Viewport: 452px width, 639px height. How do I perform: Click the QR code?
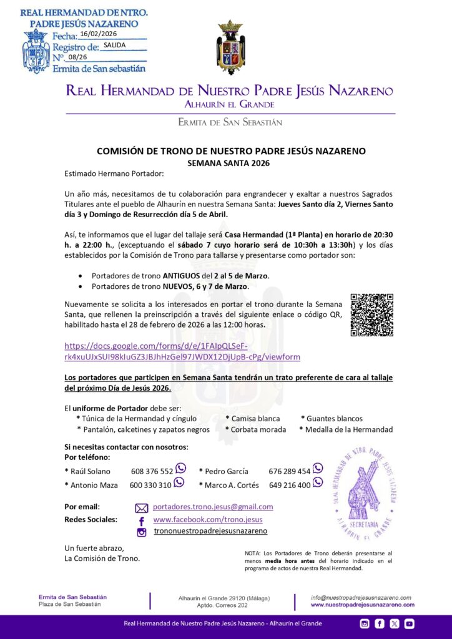coord(371,315)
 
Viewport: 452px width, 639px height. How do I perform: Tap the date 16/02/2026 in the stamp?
coord(99,34)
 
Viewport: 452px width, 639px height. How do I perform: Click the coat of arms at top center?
coord(230,47)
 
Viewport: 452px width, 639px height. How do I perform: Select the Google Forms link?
coord(182,351)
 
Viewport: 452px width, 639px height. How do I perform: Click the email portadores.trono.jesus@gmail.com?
coord(213,507)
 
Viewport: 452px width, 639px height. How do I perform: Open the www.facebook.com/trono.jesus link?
coord(208,519)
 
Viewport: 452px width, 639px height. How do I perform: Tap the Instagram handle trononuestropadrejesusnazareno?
coord(210,531)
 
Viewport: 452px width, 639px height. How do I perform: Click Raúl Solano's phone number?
coord(152,471)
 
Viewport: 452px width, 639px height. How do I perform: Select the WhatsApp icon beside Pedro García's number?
coord(318,468)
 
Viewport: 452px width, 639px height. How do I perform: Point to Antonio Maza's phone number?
coord(150,485)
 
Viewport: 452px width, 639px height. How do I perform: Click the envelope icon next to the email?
coord(142,508)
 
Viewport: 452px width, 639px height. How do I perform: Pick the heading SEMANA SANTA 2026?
coord(231,162)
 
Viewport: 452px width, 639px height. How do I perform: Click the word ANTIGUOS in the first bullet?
coord(182,275)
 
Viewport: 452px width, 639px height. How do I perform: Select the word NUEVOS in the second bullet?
coord(180,286)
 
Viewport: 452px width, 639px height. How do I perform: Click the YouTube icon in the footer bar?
coord(409,623)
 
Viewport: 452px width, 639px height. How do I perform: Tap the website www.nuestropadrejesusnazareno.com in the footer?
coord(362,605)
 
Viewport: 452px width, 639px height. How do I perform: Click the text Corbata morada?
coord(258,429)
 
